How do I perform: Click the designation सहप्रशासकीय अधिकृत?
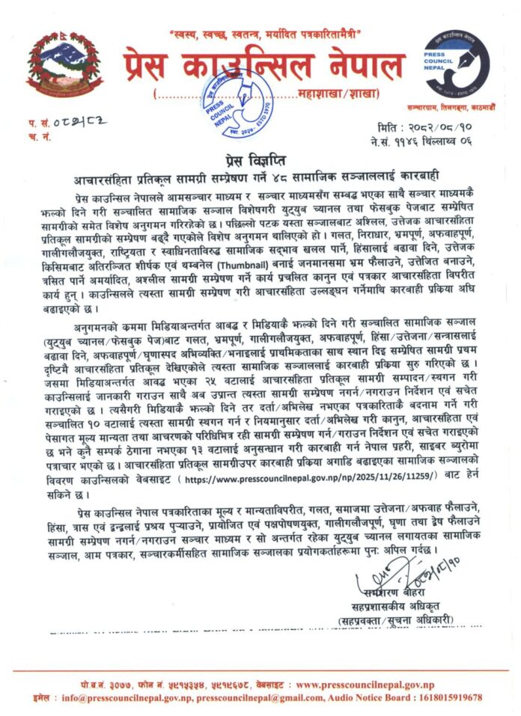(x=395, y=605)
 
